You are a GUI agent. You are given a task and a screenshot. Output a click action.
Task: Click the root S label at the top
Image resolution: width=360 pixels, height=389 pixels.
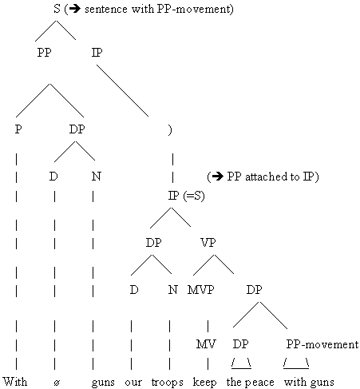57,9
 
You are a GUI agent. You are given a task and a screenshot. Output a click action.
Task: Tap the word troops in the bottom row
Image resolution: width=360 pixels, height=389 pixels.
168,383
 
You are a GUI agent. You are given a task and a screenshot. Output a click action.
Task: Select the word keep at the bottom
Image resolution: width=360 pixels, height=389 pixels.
204,382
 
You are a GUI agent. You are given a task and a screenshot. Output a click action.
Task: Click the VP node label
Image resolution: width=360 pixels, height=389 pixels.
208,242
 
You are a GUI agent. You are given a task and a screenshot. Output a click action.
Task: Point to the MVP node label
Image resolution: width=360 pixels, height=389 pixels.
200,289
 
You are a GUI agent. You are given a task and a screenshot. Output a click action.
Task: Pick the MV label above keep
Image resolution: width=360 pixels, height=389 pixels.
206,344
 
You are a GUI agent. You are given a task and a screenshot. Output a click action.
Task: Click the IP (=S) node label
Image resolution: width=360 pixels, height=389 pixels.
186,196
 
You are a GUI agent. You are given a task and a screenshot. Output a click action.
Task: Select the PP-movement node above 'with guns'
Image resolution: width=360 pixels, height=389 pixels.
322,344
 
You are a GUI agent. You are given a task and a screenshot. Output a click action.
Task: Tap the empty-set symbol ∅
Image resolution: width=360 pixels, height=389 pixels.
57,383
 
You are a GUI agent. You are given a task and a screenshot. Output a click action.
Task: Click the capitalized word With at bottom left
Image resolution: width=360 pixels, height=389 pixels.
15,382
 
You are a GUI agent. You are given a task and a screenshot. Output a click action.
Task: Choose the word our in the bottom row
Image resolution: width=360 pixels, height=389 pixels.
133,383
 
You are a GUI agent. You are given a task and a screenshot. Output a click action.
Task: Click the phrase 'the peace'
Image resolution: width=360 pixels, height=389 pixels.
251,382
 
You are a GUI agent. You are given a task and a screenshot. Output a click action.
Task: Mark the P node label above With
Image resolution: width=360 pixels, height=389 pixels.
18,129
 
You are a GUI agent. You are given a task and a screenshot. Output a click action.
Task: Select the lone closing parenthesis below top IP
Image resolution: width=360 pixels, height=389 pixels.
170,130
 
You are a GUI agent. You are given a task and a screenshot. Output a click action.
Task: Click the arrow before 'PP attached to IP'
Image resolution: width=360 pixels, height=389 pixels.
218,177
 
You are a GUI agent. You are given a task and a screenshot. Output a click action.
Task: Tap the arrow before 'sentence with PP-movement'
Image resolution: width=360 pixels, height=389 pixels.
75,9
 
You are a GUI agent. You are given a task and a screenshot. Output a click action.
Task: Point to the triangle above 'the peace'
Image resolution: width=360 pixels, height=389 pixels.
241,363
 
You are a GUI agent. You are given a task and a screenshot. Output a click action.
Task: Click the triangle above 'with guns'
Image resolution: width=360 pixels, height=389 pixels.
296,363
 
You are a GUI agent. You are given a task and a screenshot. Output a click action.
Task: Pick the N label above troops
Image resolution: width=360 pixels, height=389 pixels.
173,289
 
